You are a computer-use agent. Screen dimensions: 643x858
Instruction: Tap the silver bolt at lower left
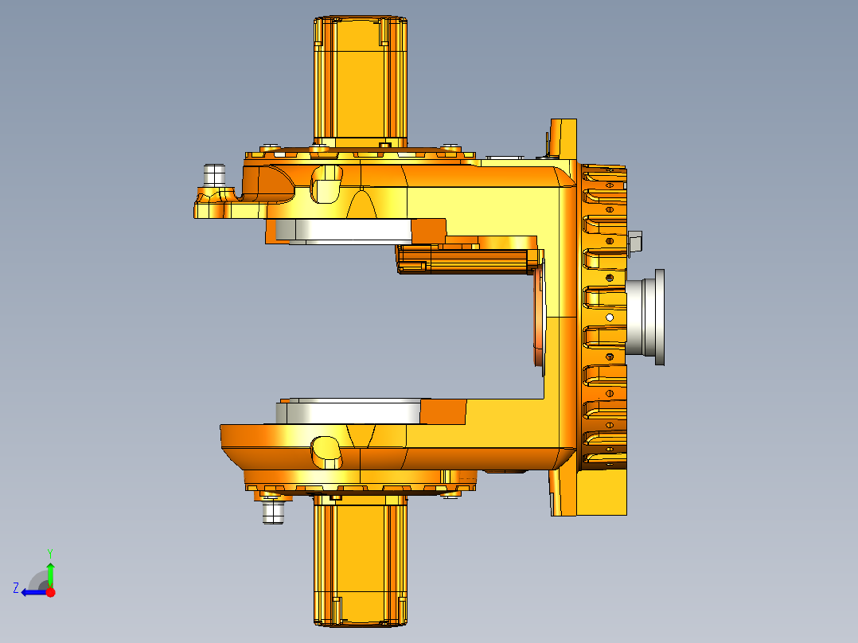(273, 511)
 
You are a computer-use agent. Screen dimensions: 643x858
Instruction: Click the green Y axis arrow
(50, 571)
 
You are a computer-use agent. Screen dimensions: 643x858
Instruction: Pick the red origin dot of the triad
(50, 592)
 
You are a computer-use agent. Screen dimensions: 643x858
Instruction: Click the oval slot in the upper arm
(326, 184)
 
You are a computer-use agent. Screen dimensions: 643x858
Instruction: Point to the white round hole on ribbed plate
(610, 317)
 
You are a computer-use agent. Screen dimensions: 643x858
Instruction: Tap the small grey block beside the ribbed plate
(634, 242)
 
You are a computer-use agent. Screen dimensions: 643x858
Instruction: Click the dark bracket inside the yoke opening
(466, 259)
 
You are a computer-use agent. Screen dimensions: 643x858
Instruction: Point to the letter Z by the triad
(16, 588)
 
